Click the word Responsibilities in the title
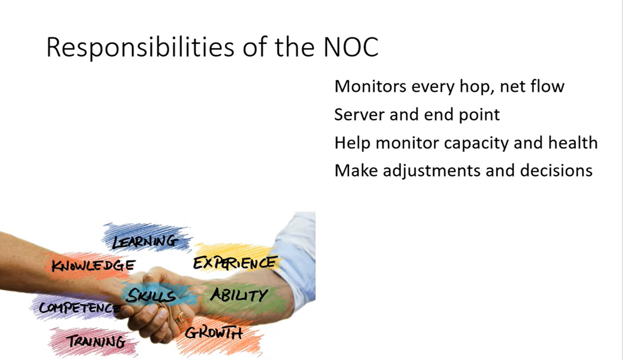pyautogui.click(x=141, y=47)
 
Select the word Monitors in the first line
pyautogui.click(x=370, y=86)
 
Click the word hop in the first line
pyautogui.click(x=476, y=87)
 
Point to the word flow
pyautogui.click(x=547, y=86)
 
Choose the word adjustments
pyautogui.click(x=431, y=171)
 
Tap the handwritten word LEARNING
pyautogui.click(x=145, y=242)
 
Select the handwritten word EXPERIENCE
pyautogui.click(x=235, y=263)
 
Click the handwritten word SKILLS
pyautogui.click(x=151, y=296)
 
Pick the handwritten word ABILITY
pyautogui.click(x=239, y=295)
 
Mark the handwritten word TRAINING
pyautogui.click(x=97, y=341)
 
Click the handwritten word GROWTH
pyautogui.click(x=213, y=332)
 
